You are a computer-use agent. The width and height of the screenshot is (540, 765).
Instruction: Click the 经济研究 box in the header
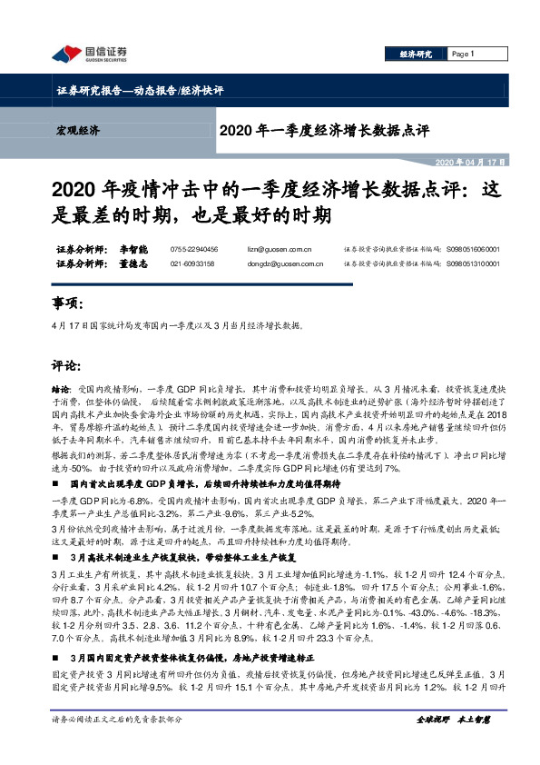[x=416, y=55]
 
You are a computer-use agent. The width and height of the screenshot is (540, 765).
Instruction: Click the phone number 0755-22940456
[x=194, y=248]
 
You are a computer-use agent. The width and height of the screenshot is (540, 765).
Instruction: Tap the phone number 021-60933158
[x=192, y=263]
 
